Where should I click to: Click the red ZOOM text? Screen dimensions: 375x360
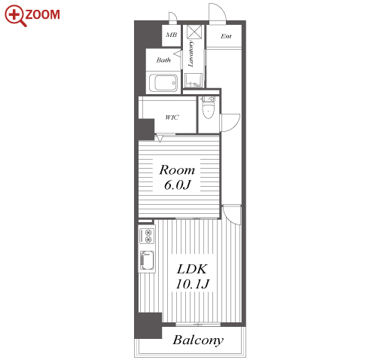42,14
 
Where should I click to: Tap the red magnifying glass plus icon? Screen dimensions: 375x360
15,16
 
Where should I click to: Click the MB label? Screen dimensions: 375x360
172,35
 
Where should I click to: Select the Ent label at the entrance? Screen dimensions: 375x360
226,36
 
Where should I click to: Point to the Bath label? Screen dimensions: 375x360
163,60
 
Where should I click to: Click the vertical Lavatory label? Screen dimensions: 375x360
191,53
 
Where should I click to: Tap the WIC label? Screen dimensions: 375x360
172,117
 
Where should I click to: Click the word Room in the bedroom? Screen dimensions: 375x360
177,170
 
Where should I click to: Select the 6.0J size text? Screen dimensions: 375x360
178,185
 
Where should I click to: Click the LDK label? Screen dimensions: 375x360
192,270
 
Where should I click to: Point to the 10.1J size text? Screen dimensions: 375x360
193,284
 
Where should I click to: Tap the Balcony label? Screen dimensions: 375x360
198,340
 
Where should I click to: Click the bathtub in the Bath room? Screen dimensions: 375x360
163,83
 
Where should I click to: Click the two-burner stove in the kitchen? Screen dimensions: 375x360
147,236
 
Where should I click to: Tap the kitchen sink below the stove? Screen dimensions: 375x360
147,260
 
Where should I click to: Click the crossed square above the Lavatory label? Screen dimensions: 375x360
194,32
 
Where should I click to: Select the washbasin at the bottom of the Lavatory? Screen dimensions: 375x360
194,81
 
